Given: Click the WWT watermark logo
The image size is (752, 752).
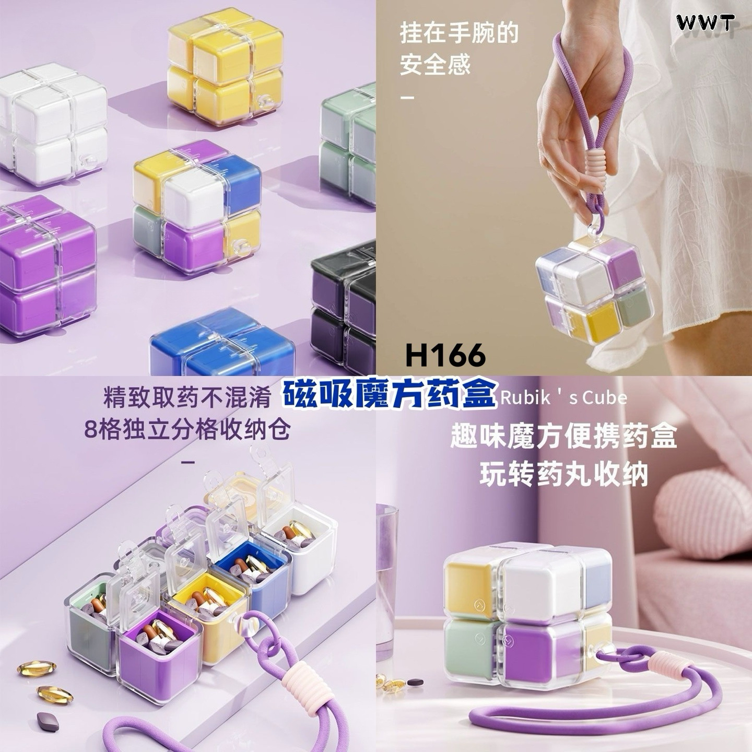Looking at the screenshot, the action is [x=706, y=22].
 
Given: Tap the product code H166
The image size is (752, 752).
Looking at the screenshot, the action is [x=445, y=355].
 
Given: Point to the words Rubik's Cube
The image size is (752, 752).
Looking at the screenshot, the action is [x=563, y=397].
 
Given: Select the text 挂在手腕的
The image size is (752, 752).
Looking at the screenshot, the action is [x=459, y=33].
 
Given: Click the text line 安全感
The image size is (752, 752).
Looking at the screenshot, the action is [x=435, y=64].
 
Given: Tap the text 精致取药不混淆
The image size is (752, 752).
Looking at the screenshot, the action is [x=187, y=398].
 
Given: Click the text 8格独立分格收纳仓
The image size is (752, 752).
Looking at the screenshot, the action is [x=187, y=430].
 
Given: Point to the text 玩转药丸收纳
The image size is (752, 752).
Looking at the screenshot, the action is [x=563, y=474].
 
